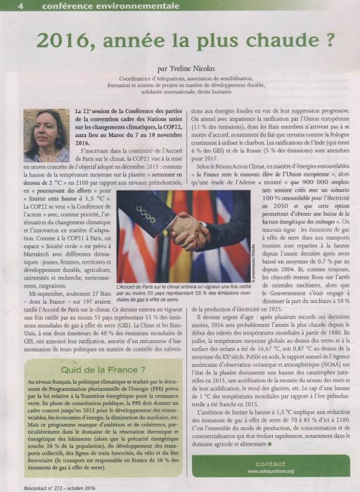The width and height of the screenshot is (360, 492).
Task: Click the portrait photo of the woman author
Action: coord(47,136)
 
